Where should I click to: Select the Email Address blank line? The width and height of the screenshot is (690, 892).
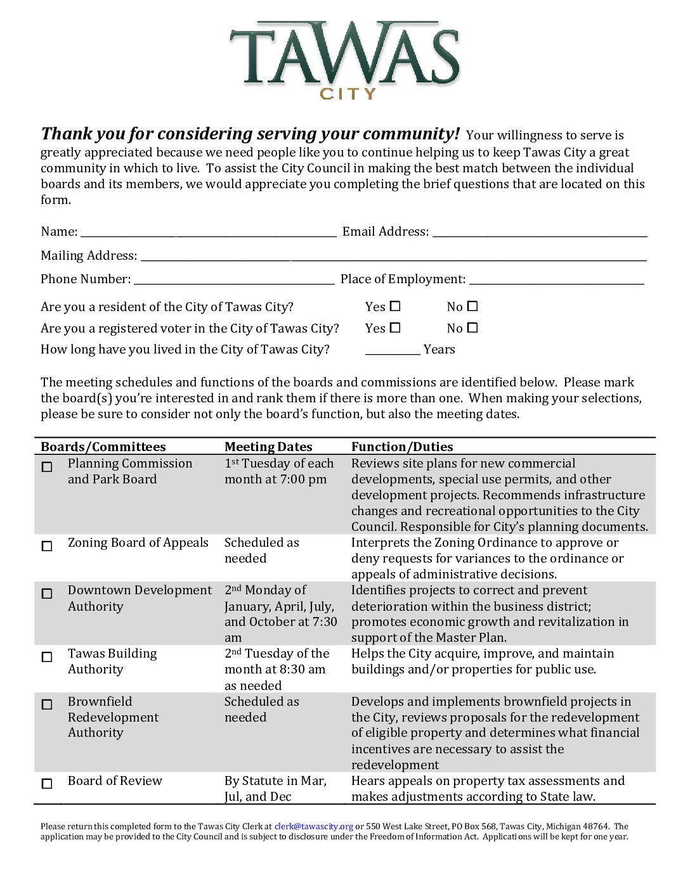(539, 233)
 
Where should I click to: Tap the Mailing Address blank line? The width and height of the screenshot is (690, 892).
(393, 257)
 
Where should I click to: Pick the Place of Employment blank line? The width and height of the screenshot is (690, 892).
(556, 281)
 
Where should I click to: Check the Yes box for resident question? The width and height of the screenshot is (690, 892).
(395, 307)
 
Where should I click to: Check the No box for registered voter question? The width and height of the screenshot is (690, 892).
(472, 328)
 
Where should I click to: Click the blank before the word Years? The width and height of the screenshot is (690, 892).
(392, 350)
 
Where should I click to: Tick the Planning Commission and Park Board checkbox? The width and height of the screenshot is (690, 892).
(47, 468)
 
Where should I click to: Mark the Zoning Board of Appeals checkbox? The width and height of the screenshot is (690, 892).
(47, 546)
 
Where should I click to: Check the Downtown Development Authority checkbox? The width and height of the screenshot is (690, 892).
(47, 594)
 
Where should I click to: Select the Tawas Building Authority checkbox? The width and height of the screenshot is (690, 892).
(47, 657)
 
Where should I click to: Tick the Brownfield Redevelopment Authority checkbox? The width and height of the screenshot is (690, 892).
(47, 704)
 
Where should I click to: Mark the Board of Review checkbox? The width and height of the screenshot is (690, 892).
(47, 784)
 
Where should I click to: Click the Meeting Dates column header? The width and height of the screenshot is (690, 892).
(268, 447)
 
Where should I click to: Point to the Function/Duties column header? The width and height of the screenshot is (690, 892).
(402, 447)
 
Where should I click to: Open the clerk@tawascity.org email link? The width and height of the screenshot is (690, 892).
(313, 827)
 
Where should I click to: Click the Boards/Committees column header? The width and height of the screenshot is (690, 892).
(103, 447)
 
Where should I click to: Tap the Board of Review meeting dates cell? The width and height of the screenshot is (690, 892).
(275, 789)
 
